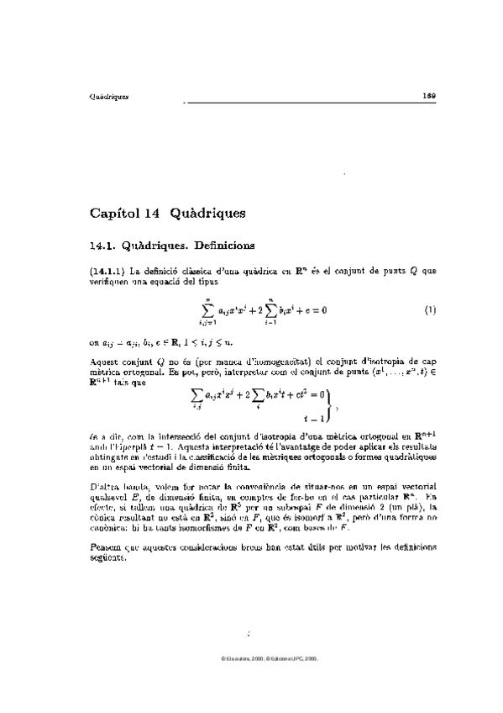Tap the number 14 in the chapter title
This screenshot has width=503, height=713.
[143, 214]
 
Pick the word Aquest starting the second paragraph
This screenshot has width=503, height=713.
[104, 361]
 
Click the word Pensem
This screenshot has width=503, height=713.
[106, 547]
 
